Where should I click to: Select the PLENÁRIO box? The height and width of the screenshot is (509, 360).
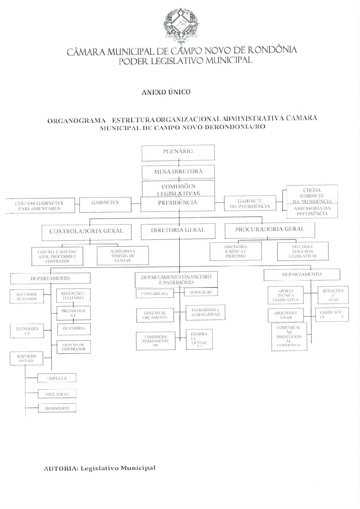click(178, 153)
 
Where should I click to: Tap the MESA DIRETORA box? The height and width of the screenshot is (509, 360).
click(178, 172)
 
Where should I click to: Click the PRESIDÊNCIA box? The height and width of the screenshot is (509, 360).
click(178, 204)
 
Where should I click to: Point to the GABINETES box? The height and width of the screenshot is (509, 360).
click(105, 204)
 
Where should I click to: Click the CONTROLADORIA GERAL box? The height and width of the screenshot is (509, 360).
click(87, 232)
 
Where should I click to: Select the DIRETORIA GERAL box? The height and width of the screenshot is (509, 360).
click(178, 231)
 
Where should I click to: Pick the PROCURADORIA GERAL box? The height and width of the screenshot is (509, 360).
click(270, 230)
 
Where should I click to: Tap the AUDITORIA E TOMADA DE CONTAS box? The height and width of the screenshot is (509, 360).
click(123, 256)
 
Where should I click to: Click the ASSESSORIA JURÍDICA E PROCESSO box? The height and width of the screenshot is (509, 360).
click(235, 251)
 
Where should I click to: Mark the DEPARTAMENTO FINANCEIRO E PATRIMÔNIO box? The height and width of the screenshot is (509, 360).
click(176, 280)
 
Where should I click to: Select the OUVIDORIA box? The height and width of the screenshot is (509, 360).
click(74, 329)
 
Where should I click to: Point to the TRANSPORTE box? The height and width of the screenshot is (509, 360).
click(57, 408)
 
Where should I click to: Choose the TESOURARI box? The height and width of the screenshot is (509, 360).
click(201, 292)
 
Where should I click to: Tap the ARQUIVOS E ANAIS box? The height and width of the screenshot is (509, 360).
click(286, 315)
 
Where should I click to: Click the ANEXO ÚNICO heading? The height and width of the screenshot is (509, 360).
click(166, 92)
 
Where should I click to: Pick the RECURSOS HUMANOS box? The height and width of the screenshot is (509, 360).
click(27, 297)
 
